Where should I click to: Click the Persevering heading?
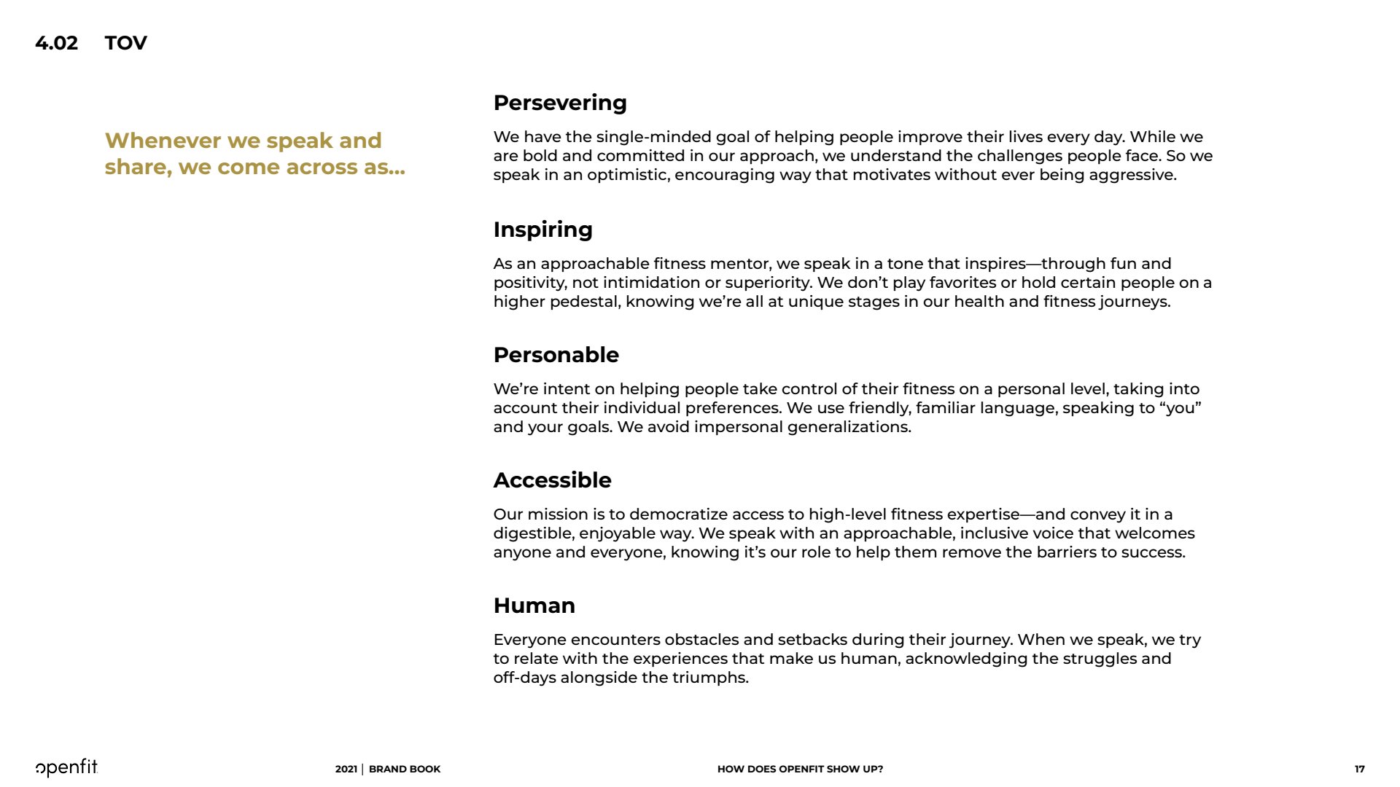point(559,103)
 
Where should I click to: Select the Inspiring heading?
point(542,230)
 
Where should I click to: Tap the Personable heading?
point(556,355)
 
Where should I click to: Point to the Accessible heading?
point(552,480)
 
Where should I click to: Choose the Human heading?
point(534,606)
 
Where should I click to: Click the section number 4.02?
point(56,43)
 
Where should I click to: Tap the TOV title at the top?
point(125,43)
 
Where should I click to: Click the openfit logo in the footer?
point(66,767)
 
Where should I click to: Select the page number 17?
point(1359,769)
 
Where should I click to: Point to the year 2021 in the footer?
point(346,769)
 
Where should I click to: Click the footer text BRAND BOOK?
point(405,769)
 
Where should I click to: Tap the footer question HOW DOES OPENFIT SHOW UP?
point(800,769)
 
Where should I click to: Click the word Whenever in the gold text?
point(163,141)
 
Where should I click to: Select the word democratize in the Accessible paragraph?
point(678,514)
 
